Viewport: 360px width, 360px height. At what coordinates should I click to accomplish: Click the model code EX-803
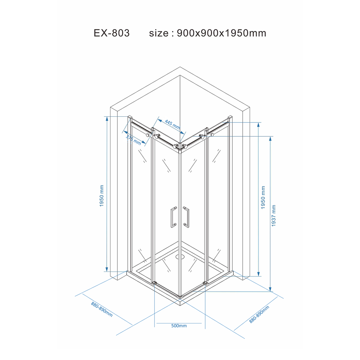[112, 33]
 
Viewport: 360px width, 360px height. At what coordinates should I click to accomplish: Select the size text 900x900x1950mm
[221, 33]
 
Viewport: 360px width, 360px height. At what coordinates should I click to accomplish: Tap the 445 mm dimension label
[172, 124]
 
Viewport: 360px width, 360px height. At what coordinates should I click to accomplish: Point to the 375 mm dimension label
[134, 140]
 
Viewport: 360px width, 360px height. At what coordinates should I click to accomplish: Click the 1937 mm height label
[274, 216]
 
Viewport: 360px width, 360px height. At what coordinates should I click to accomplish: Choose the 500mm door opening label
[179, 325]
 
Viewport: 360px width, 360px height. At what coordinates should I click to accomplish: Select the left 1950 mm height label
[102, 196]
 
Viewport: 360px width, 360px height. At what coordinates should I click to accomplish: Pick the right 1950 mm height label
[263, 197]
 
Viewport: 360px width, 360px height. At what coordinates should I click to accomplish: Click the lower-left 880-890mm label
[102, 309]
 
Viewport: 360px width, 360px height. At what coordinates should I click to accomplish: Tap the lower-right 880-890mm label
[259, 314]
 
